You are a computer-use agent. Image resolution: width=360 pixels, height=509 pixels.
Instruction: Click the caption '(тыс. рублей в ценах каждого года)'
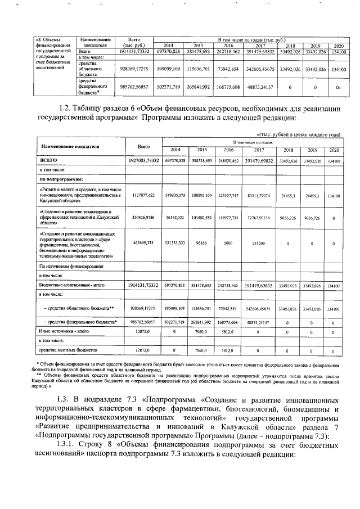(x=298, y=135)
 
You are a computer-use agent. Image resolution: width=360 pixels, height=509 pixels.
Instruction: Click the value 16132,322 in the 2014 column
(x=175, y=219)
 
